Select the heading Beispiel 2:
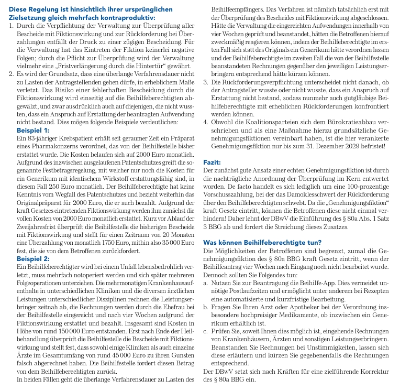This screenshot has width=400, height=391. (34, 259)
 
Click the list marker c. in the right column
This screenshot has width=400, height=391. (205, 331)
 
